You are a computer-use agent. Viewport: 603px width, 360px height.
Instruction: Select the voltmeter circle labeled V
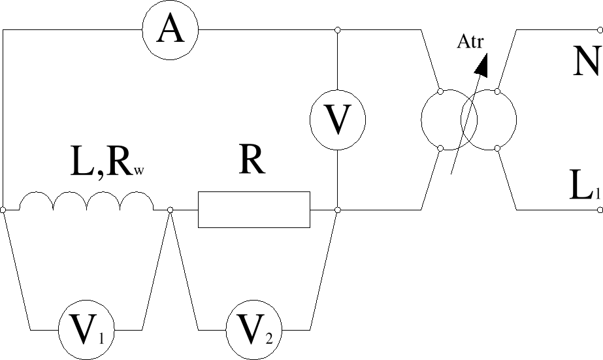tap(337, 119)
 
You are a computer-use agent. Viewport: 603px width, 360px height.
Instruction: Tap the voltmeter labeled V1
tap(85, 329)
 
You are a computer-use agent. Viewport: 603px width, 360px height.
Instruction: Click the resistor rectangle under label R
tap(254, 210)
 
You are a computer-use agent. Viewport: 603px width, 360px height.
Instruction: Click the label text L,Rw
tap(106, 165)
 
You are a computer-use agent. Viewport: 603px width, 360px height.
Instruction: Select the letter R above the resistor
tap(252, 161)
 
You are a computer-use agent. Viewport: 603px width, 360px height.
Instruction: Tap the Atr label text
tap(470, 43)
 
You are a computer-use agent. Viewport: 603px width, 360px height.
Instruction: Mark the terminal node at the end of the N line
tap(600, 30)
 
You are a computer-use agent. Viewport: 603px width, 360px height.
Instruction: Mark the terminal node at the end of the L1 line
tap(600, 210)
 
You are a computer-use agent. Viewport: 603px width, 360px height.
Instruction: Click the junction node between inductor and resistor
tap(171, 210)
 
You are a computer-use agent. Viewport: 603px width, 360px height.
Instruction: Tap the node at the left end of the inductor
tap(3, 210)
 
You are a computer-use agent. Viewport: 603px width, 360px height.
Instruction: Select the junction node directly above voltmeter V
tap(337, 30)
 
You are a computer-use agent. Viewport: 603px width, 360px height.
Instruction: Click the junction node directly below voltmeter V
tap(337, 210)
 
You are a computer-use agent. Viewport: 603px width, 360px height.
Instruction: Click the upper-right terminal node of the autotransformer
tap(497, 91)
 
